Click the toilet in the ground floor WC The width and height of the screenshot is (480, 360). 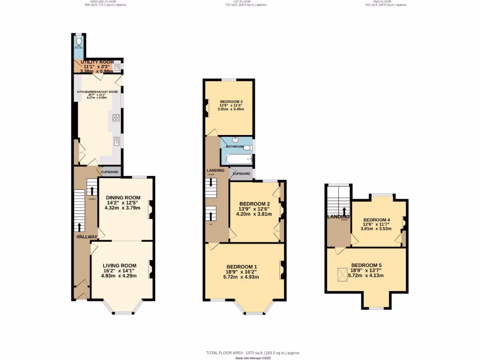click(79, 40)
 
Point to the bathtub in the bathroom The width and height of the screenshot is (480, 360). click(239, 160)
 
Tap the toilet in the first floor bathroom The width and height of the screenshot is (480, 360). click(247, 149)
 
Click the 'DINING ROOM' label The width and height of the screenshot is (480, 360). click(123, 197)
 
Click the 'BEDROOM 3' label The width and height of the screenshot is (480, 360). click(231, 102)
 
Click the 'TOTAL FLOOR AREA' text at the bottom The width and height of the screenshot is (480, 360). click(253, 353)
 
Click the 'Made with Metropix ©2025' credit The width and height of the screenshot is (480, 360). click(253, 358)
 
